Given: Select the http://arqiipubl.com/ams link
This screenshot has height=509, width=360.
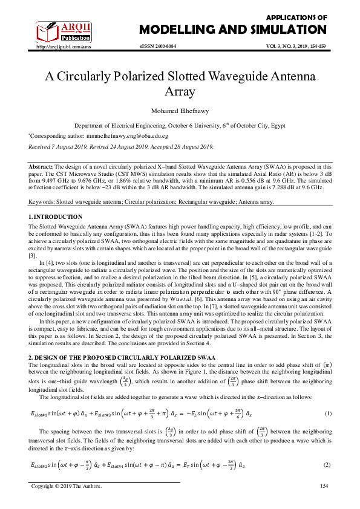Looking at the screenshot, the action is (64, 46).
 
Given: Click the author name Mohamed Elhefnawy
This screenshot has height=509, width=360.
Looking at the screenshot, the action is (180, 111).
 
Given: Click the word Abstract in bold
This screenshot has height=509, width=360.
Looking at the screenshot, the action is (41, 166).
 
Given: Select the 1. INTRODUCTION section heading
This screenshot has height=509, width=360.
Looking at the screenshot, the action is (56, 216).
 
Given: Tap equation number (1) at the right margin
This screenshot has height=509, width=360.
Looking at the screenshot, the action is (327, 413).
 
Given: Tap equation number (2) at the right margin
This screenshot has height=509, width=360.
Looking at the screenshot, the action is (327, 464).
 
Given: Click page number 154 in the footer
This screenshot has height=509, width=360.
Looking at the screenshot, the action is (324, 487).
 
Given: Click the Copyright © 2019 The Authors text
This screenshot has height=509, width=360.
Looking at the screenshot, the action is (67, 487).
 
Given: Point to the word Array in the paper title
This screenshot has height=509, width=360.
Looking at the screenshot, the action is (180, 92).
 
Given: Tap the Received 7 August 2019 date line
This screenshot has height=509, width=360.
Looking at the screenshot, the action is (121, 146).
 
